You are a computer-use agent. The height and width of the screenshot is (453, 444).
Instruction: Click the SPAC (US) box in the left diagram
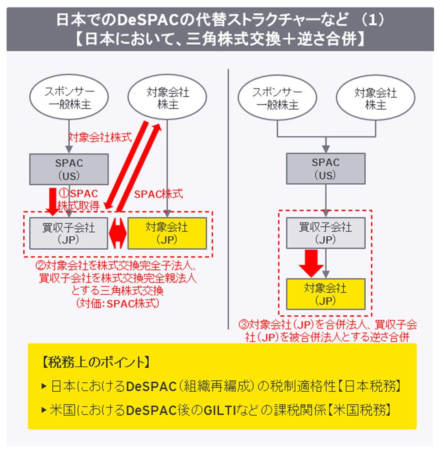(x=69, y=169)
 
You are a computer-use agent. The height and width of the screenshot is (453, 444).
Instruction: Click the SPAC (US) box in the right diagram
(x=325, y=169)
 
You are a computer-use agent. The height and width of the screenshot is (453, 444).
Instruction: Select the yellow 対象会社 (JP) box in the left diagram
(x=167, y=233)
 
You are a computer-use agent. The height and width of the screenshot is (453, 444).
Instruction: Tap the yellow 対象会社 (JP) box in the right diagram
(x=325, y=294)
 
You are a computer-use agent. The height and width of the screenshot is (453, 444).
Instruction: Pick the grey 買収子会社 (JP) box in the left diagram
(x=69, y=233)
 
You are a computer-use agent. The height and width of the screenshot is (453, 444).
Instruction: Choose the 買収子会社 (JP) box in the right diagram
(x=325, y=233)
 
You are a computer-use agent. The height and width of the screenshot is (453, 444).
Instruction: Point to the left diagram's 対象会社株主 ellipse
(x=167, y=98)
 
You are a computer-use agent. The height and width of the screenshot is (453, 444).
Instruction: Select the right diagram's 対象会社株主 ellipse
(x=375, y=99)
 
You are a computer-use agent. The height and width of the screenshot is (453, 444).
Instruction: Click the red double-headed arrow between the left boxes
(x=118, y=233)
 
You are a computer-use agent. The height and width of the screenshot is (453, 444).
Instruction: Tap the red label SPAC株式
(x=159, y=194)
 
